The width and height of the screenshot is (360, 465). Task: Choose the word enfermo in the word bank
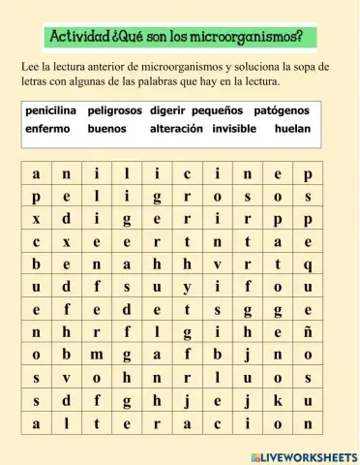tap(48, 128)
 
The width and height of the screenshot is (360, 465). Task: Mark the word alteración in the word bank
tap(176, 128)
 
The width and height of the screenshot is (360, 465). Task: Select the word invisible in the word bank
tap(237, 128)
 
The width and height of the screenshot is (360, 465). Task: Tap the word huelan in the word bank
tap(292, 128)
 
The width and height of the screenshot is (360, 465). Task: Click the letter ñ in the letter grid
tap(307, 332)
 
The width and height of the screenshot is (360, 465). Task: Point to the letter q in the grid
tap(307, 263)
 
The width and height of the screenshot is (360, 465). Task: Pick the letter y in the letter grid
tap(186, 287)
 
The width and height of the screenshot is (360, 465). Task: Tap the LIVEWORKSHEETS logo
tap(303, 455)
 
